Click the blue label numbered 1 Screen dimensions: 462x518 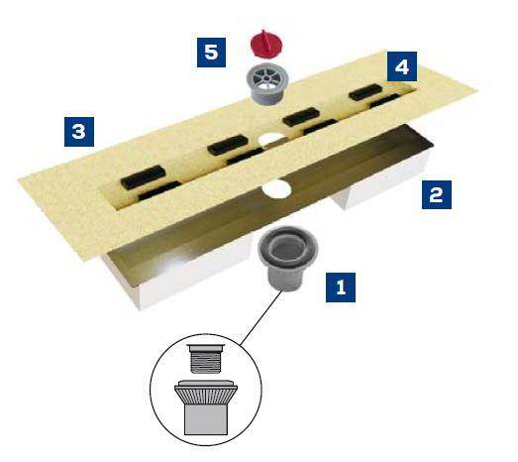coord(341,289)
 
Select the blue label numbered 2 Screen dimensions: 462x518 coord(434,192)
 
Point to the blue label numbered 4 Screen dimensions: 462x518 coord(401,67)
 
